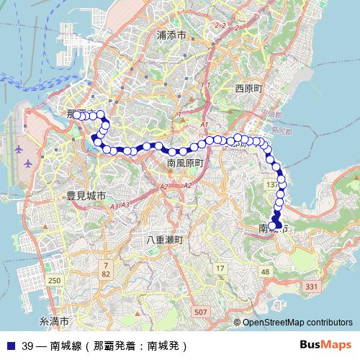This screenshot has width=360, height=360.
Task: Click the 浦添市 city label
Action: [171, 35]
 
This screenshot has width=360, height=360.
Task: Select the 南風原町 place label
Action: [185, 163]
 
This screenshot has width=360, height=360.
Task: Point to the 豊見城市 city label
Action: [86, 195]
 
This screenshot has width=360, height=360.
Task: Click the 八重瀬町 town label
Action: [166, 239]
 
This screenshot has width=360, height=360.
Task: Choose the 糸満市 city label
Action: [54, 320]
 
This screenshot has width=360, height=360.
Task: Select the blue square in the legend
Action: [9, 345]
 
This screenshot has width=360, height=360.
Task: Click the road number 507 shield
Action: [201, 312]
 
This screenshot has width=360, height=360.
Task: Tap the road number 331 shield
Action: [312, 287]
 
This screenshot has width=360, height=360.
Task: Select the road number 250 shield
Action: [54, 280]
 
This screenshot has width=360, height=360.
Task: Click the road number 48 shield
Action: [266, 271]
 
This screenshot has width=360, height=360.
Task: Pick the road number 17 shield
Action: [220, 269]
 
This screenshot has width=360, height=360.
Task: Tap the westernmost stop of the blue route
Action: [76, 114]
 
